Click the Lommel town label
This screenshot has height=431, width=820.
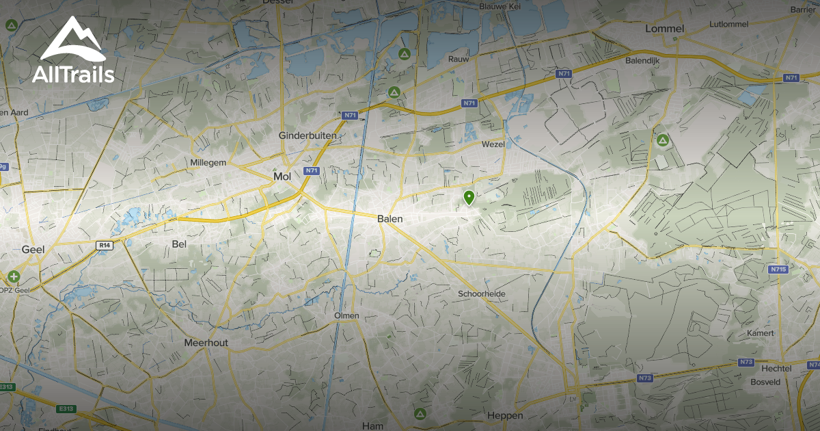coord(664,29)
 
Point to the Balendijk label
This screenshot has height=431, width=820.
coord(641,60)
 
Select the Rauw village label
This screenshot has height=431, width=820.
coord(458,60)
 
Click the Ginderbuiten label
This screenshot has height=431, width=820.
coord(307,136)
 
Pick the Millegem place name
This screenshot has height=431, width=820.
coord(208,163)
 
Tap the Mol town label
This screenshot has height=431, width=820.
coord(282,177)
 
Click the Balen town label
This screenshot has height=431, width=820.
coord(390,219)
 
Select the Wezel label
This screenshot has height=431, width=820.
coord(493,145)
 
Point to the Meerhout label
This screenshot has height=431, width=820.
coord(206,343)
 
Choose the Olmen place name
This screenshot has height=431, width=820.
coord(346,315)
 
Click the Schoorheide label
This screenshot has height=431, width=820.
coord(481,293)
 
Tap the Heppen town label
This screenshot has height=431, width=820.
coord(505,415)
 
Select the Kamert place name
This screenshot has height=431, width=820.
coord(761,333)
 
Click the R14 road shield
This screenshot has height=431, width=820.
coord(104,245)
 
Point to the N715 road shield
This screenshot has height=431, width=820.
coord(778,270)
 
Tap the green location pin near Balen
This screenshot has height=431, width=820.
coord(469,198)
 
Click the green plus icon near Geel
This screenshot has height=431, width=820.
coord(14,277)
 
